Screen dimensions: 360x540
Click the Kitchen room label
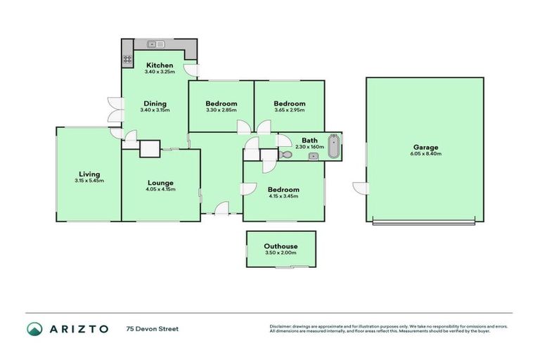(159, 65)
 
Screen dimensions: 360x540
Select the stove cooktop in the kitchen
(128, 60)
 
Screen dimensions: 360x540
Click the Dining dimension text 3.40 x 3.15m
(155, 110)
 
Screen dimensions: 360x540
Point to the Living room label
(89, 174)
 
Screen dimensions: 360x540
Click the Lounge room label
(160, 183)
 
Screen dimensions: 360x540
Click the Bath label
(309, 140)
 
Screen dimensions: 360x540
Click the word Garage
(425, 148)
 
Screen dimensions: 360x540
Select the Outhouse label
(281, 246)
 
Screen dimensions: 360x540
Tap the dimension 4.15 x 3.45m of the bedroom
(283, 196)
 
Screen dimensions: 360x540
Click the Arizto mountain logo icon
(34, 328)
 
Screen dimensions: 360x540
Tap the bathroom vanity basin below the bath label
(313, 156)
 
